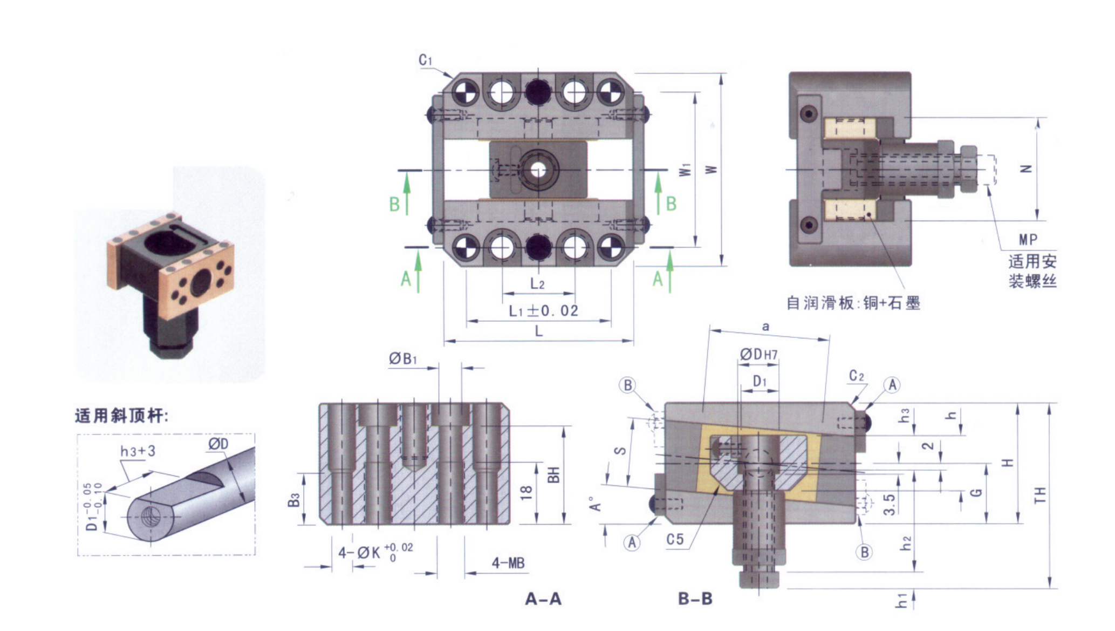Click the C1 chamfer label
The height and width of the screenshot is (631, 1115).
[426, 60]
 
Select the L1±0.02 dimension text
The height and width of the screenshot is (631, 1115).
[543, 311]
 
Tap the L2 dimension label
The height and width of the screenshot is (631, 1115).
[537, 283]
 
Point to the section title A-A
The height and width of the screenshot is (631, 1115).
[543, 599]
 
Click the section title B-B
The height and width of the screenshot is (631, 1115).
[695, 599]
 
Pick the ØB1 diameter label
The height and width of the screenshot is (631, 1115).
[403, 358]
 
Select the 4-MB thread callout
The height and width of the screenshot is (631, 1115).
[508, 563]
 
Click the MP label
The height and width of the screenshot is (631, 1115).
[1028, 239]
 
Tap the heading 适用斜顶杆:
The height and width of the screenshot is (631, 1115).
[121, 416]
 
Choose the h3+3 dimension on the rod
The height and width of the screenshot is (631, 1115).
[138, 451]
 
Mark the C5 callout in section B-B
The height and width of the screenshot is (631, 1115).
[675, 539]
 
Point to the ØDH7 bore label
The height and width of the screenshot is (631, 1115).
[758, 354]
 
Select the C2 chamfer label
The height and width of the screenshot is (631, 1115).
[857, 376]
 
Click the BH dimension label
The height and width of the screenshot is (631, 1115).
[554, 474]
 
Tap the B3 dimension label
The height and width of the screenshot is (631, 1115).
[293, 500]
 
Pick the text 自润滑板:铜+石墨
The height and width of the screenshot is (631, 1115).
[853, 303]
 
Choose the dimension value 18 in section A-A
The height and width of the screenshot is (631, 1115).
[526, 492]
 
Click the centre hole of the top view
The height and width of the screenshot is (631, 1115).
[538, 170]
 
